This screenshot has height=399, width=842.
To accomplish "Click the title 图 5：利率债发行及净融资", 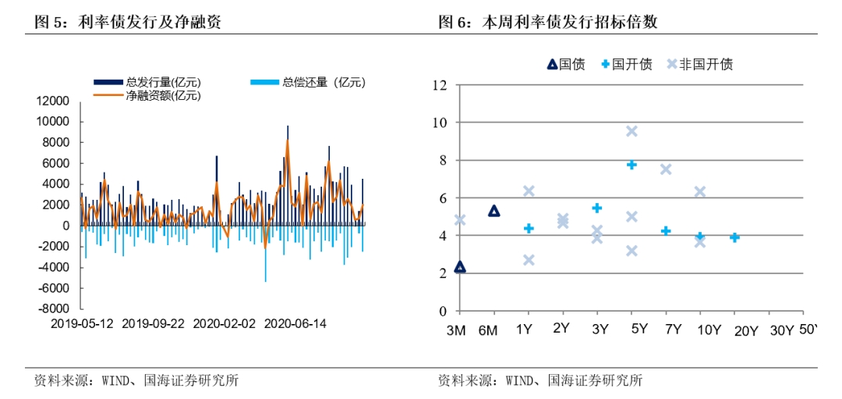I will [129, 22].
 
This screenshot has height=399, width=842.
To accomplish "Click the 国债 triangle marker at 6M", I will [494, 211].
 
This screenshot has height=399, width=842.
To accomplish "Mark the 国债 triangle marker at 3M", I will [460, 267].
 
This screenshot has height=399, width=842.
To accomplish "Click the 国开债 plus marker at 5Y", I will [631, 164].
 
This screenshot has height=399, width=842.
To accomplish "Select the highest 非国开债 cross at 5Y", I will [631, 131].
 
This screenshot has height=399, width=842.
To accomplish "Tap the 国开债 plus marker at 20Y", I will [734, 237].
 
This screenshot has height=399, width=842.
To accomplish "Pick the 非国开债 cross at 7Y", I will [666, 169].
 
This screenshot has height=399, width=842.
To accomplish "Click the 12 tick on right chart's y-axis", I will [440, 85].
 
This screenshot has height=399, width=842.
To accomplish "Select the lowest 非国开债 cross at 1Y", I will [529, 260].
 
